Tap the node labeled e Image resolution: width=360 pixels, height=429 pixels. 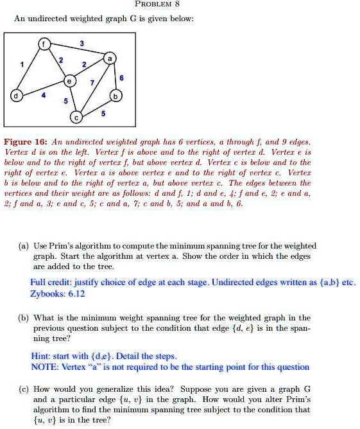tap(69, 82)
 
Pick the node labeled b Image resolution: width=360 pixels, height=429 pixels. tap(116, 97)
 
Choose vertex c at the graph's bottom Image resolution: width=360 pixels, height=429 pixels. tap(78, 118)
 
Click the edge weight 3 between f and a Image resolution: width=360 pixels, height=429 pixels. tap(81, 43)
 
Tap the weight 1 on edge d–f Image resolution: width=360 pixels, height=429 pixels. tap(24, 65)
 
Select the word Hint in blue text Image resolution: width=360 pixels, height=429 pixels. tap(40, 356)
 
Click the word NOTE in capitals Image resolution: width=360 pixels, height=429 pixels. tap(42, 367)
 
